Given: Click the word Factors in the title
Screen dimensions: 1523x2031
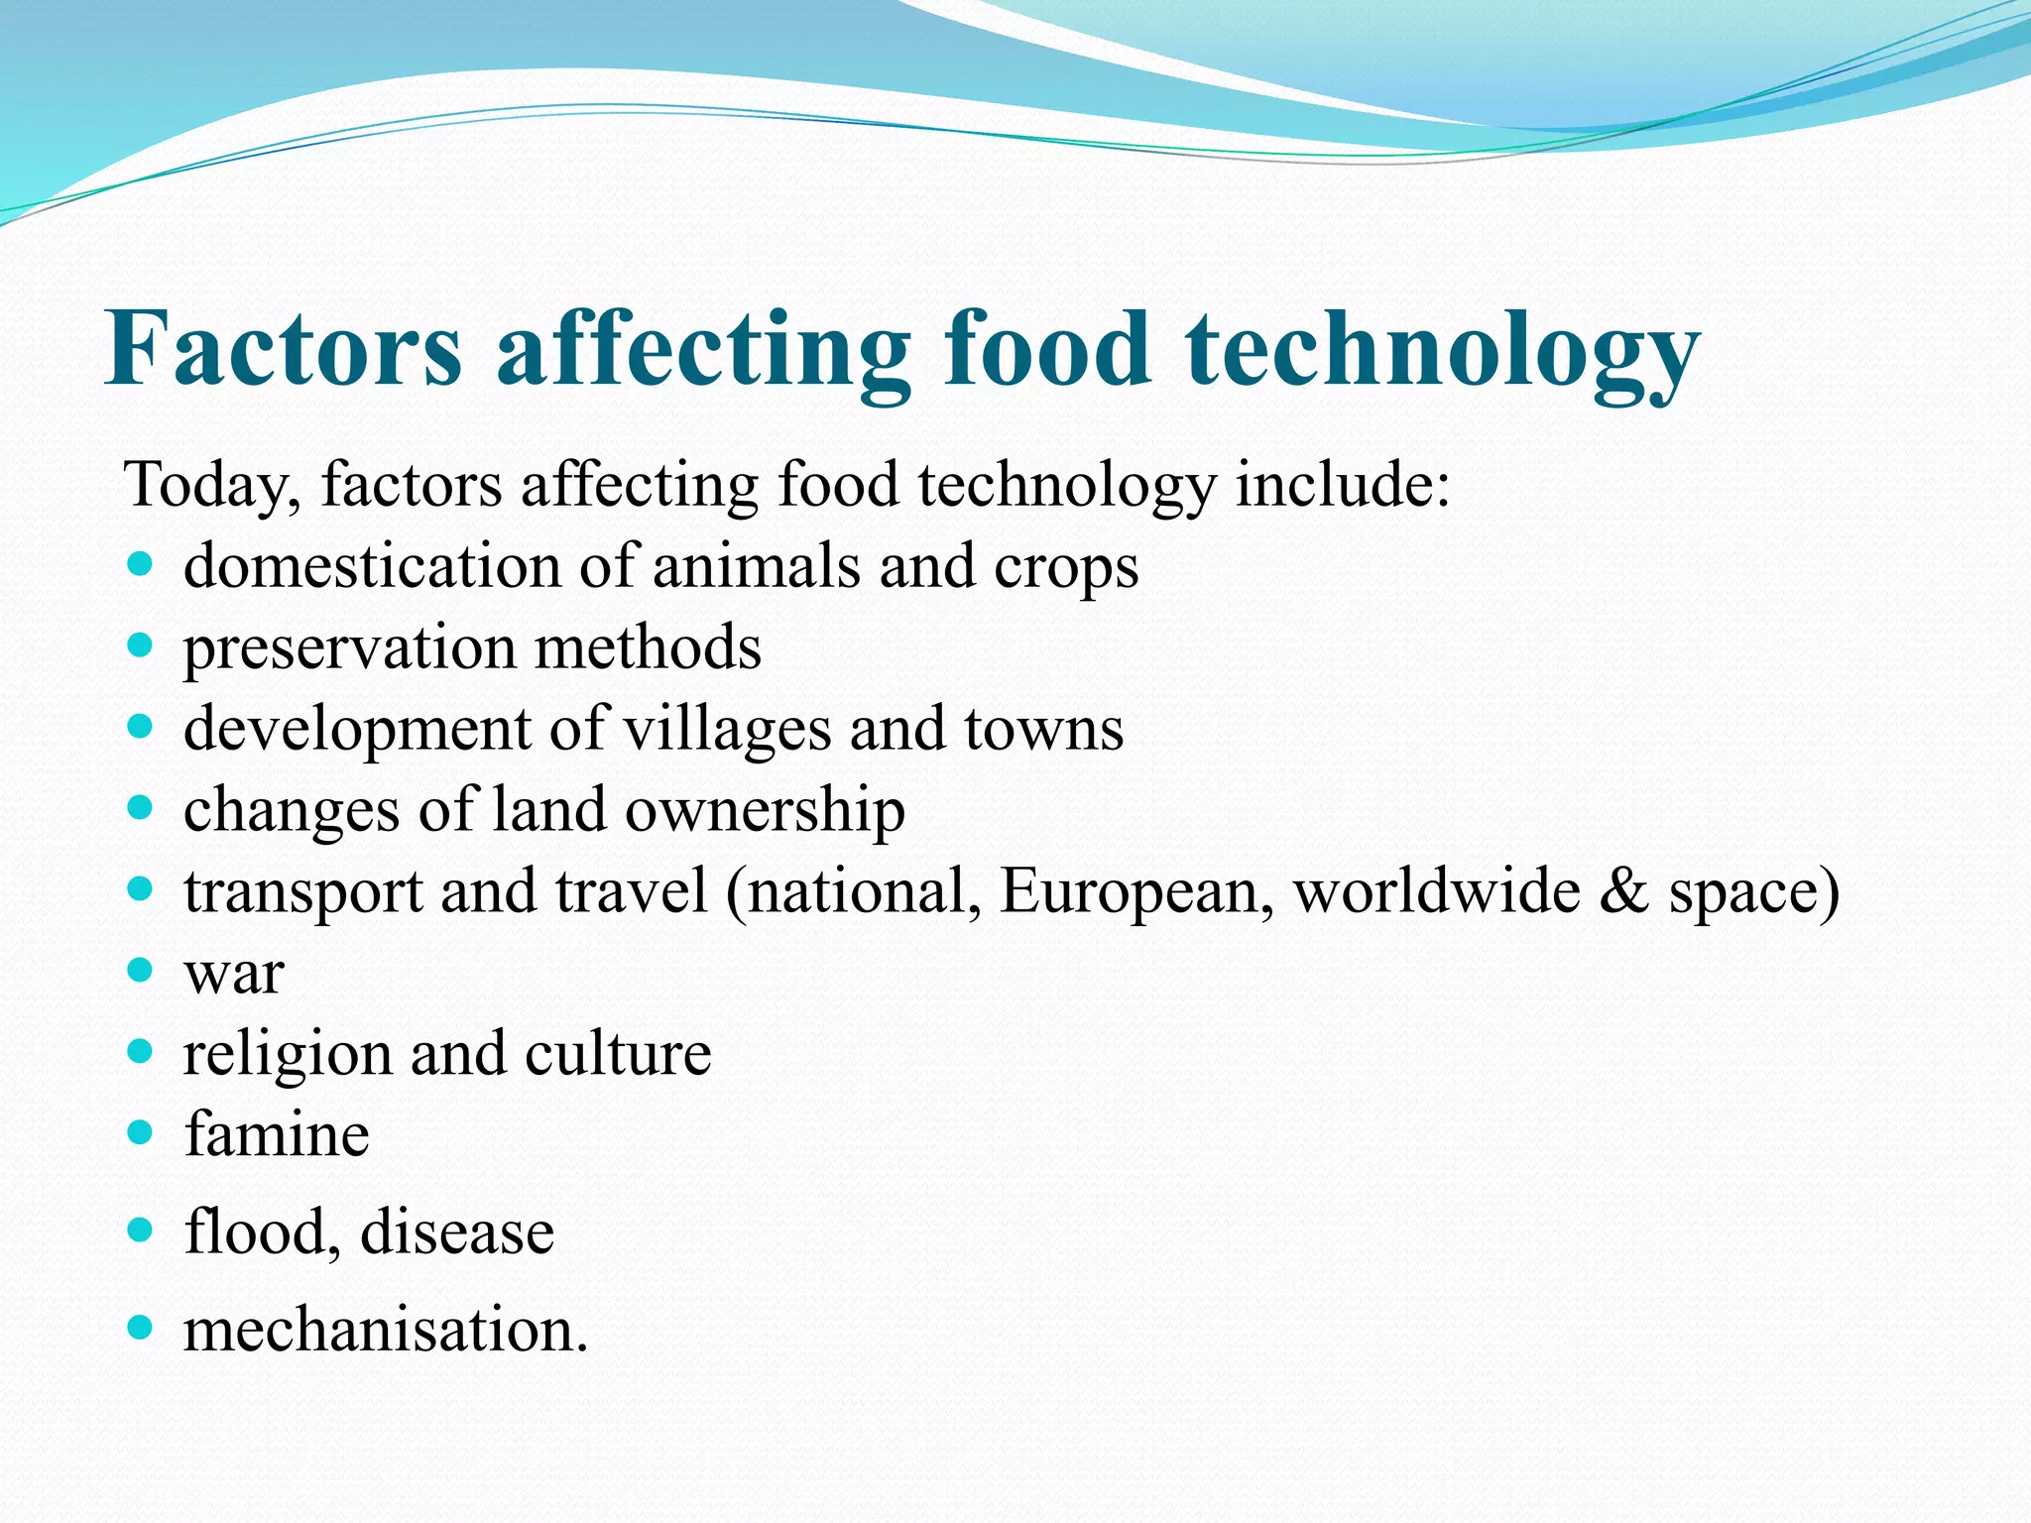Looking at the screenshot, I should [x=284, y=349].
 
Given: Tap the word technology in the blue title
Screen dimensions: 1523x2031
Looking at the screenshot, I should [x=1442, y=353].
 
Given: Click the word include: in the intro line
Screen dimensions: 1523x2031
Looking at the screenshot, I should [x=1342, y=486].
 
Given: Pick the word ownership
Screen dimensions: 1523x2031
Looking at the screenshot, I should [x=765, y=812].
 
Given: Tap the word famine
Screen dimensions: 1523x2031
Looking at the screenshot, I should [x=277, y=1134].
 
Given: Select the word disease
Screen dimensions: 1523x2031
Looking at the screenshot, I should [x=457, y=1233].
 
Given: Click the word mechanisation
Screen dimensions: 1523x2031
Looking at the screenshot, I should [x=386, y=1331].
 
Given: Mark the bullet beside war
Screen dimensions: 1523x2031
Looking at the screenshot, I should [x=141, y=970].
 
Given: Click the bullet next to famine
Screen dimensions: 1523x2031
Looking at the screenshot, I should [x=141, y=1131].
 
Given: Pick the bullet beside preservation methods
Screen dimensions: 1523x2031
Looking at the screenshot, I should [x=141, y=646].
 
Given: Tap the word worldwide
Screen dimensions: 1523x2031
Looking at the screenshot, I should [x=1437, y=890].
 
